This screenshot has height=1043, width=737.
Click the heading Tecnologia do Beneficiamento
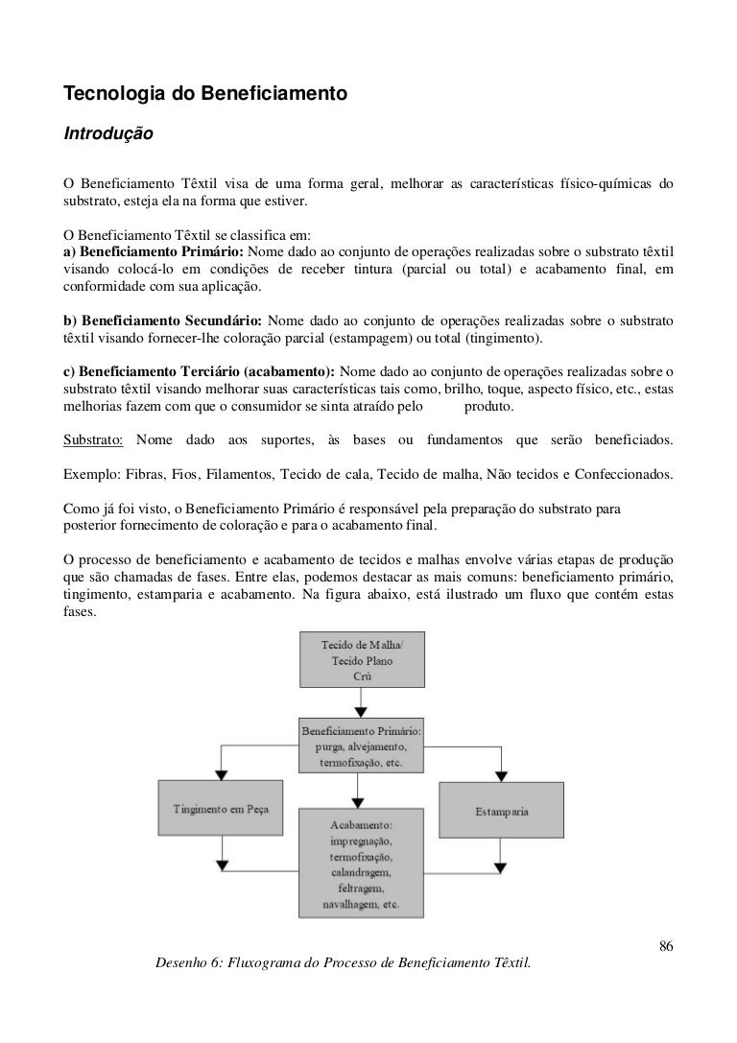click(203, 95)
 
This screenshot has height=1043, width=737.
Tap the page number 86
click(665, 947)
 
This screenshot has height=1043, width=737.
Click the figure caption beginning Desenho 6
click(343, 962)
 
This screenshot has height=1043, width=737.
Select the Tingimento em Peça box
click(221, 808)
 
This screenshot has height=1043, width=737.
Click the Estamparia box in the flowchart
click(501, 811)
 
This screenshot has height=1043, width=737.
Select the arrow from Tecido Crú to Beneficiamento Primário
click(358, 703)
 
